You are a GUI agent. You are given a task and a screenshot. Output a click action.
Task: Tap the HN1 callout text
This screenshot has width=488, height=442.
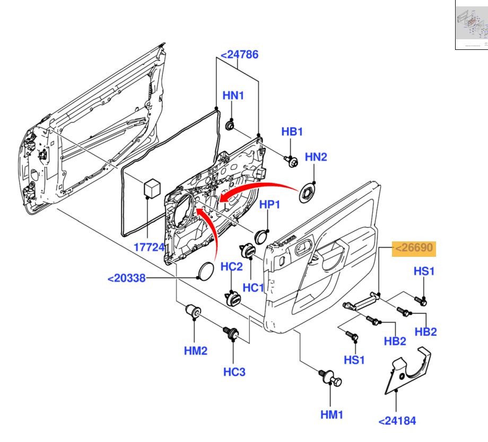(x=233, y=96)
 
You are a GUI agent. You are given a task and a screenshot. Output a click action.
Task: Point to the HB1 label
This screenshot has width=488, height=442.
(x=292, y=132)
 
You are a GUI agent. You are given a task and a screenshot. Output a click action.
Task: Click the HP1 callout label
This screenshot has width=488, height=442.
(x=269, y=205)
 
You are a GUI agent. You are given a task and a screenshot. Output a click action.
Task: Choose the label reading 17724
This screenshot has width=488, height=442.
(x=150, y=247)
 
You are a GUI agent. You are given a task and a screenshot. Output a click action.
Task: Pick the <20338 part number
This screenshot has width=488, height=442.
(x=126, y=278)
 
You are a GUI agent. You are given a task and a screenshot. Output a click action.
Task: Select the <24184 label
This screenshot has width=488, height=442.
(x=397, y=421)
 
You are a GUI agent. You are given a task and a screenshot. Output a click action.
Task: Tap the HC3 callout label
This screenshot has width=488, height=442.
(x=234, y=372)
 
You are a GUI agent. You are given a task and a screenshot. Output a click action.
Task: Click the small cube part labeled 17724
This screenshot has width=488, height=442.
(x=152, y=188)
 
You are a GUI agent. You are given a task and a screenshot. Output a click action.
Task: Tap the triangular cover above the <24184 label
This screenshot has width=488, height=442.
(x=408, y=371)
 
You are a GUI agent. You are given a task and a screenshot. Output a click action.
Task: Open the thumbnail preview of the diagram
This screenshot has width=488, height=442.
(x=471, y=25)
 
